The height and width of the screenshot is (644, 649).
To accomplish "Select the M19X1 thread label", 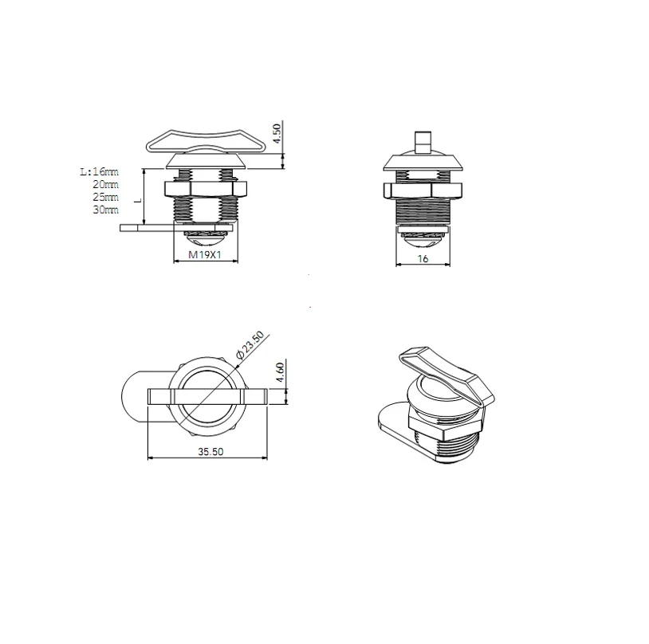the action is pos(205,255).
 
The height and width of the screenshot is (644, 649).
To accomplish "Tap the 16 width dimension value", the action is pos(423,259).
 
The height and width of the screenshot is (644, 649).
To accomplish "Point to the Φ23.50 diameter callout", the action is pos(250,345).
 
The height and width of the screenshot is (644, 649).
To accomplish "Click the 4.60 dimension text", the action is pos(280,372).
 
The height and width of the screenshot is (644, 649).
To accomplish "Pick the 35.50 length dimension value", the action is pos(210,452).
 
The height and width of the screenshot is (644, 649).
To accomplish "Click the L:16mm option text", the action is pos(99,171).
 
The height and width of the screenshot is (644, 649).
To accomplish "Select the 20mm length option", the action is pos(105,184).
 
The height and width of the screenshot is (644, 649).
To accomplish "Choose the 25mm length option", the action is pos(105,197).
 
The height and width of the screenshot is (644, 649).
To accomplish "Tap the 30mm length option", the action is pos(105,210).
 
